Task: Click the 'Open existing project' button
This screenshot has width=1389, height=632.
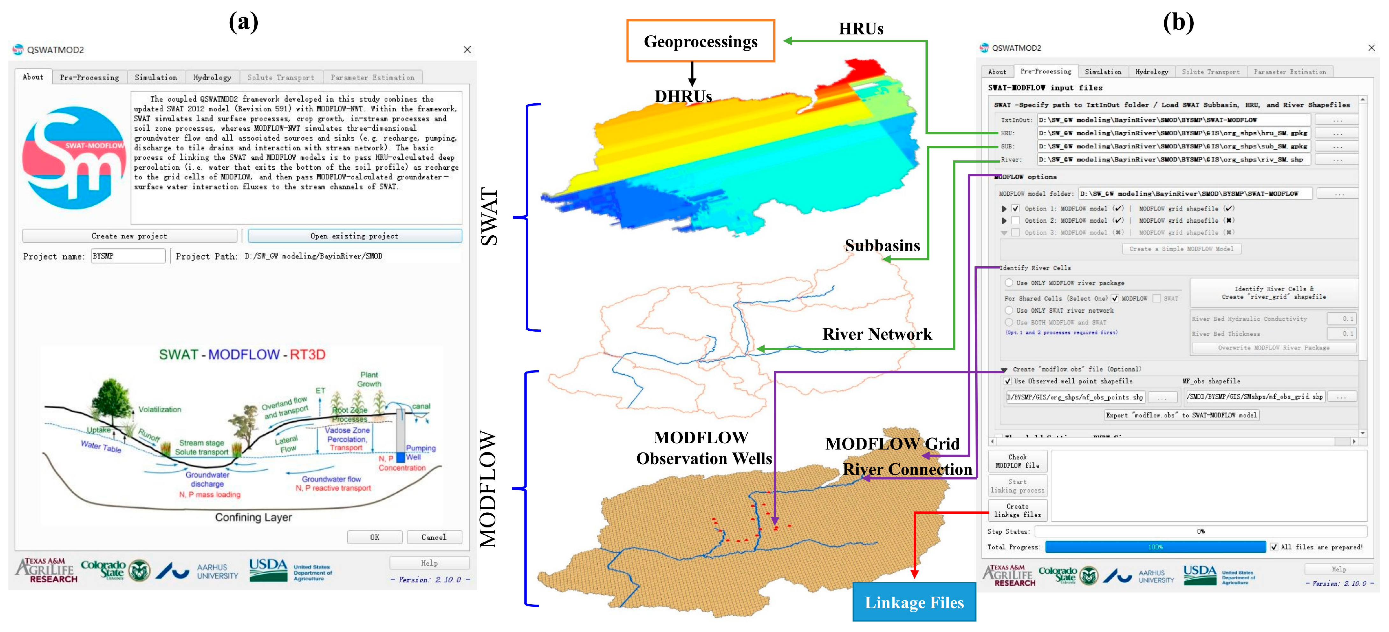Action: coord(354,236)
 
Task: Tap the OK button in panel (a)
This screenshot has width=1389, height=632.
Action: coord(374,537)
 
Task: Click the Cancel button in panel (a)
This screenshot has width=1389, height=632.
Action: coord(434,537)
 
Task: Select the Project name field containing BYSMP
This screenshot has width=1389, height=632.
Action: coord(128,256)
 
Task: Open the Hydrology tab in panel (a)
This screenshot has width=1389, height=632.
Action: coord(212,77)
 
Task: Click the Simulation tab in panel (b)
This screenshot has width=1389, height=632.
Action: coord(1102,72)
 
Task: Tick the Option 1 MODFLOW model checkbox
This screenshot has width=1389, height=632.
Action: coord(1015,208)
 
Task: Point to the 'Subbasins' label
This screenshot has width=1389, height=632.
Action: coord(882,246)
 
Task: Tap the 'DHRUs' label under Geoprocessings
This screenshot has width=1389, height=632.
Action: coord(683,96)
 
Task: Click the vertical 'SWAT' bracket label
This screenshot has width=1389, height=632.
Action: coord(489,217)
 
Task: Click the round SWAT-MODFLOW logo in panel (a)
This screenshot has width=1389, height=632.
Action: coord(74,158)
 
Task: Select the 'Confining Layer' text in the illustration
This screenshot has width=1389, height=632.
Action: coord(253,517)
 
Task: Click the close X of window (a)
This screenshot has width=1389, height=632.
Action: coord(467,50)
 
